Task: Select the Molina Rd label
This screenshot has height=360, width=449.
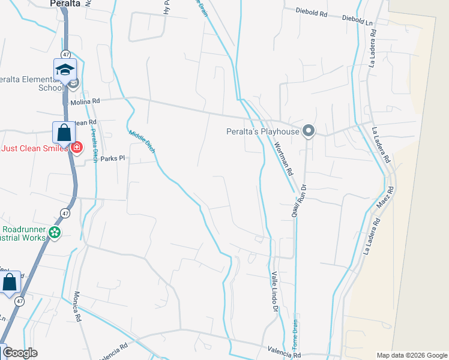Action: click(x=85, y=102)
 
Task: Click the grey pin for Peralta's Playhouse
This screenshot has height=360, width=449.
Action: click(x=309, y=130)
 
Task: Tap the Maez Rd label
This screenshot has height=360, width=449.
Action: click(x=388, y=197)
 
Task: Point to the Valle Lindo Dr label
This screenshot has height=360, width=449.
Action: click(x=275, y=290)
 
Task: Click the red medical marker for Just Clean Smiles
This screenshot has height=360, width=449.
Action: click(x=76, y=147)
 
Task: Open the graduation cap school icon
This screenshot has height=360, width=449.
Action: click(x=65, y=70)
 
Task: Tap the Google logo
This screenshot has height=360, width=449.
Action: click(x=20, y=353)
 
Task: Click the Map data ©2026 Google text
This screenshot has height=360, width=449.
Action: click(x=412, y=355)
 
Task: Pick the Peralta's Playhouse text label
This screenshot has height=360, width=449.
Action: click(x=263, y=131)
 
